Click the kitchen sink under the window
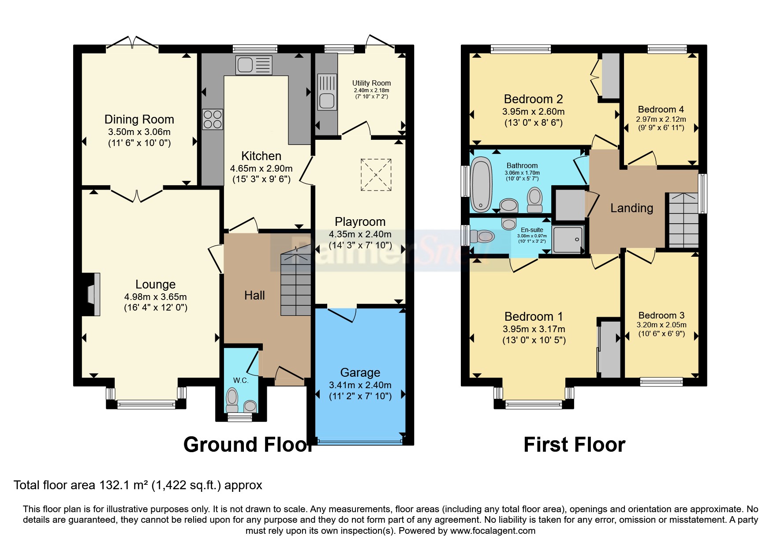[x=254, y=65]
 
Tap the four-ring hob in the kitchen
[x=213, y=120]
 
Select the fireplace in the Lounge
[x=91, y=294]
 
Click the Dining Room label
[x=139, y=120]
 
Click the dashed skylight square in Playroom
[x=376, y=175]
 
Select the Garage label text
[x=360, y=373]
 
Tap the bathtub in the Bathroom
[x=481, y=185]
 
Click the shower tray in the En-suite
[x=568, y=240]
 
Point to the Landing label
[x=632, y=208]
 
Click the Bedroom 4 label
[x=661, y=109]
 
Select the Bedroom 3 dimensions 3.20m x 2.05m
[x=661, y=325]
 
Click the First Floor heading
[x=574, y=445]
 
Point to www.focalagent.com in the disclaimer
[x=493, y=531]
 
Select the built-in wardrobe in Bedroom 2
[x=611, y=76]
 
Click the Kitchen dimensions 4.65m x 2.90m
[x=261, y=169]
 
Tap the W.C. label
[x=241, y=380]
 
